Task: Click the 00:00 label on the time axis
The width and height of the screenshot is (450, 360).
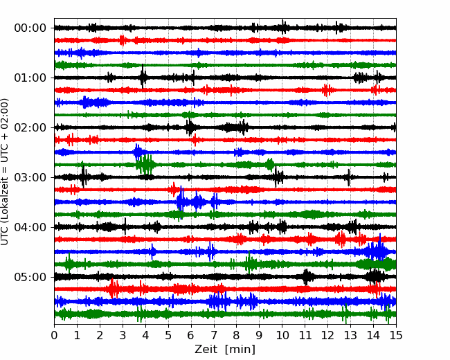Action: coord(30,28)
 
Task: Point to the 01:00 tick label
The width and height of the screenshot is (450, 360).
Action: coord(30,78)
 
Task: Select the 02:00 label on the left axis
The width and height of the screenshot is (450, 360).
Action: coord(30,127)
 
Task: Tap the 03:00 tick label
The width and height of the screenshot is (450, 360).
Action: coord(30,177)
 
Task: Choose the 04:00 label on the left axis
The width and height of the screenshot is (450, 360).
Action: coord(30,227)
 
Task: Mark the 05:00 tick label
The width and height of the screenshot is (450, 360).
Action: coord(30,277)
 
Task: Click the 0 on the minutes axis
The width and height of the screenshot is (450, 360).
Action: coord(54,335)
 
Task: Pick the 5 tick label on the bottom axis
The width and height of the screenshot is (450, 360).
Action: coord(168,335)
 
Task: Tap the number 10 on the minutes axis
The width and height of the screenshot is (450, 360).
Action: coord(282,335)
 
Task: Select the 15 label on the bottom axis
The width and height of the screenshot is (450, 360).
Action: coord(396,335)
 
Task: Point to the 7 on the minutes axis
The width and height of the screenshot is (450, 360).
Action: coord(214,335)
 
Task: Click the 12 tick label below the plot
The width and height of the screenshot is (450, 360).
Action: coord(327,335)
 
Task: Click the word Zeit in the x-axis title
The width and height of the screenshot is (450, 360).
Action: coord(206,349)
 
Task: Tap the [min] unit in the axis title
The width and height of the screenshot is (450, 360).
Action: coord(240,350)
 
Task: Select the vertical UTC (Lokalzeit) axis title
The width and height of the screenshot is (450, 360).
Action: coord(5,172)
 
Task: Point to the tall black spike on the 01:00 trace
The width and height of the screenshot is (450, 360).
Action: coord(143,77)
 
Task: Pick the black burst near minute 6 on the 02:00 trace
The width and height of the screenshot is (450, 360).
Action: coord(190,127)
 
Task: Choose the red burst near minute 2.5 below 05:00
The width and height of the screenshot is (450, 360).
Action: coord(114,288)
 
